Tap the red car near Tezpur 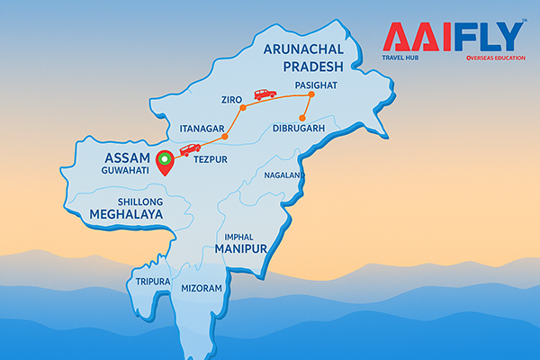191,149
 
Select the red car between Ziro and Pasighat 265,94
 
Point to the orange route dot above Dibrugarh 303,118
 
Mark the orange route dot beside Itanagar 225,136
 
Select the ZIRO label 231,99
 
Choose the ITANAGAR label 201,130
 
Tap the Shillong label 140,201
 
